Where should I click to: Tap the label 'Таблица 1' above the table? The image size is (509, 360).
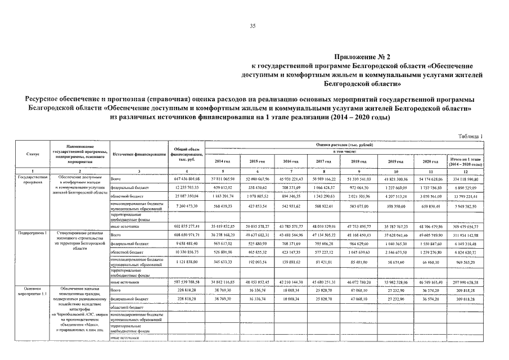pos(470,136)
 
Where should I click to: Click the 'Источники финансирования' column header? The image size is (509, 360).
pos(138,154)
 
